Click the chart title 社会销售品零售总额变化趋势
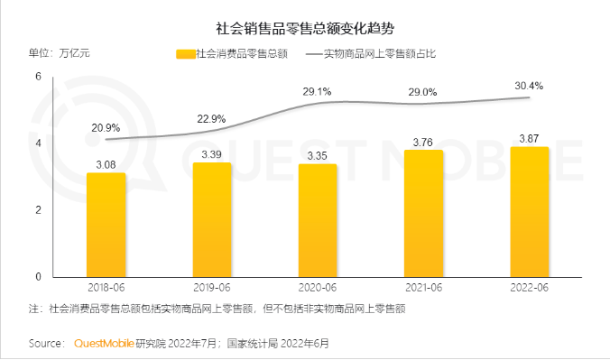305,27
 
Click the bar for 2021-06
423,213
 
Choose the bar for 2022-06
529,211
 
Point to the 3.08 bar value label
106,164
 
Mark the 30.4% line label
529,86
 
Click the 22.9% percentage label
211,119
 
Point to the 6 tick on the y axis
39,77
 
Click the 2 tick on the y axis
39,209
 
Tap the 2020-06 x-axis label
318,287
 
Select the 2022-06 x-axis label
529,287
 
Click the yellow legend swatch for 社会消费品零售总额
184,54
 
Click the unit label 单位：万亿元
60,54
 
